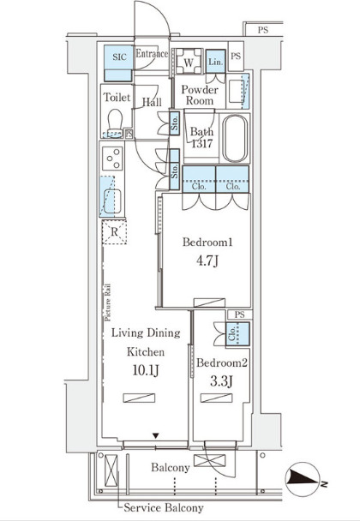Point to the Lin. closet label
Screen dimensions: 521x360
pyautogui.click(x=214, y=62)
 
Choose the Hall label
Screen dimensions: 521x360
pyautogui.click(x=153, y=102)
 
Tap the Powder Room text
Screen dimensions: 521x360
pyautogui.click(x=200, y=95)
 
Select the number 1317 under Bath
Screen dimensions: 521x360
pyautogui.click(x=202, y=145)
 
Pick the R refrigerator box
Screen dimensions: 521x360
pyautogui.click(x=113, y=231)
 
